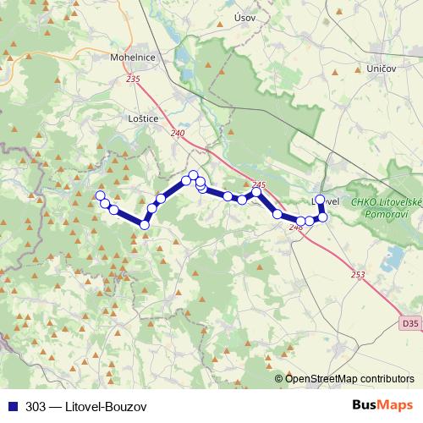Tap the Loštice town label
coord(141,119)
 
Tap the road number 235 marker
coord(132,79)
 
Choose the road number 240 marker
coord(177,134)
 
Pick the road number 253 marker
coord(358,275)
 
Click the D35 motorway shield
coord(409,323)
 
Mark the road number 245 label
coord(259,185)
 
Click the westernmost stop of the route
coord(100,196)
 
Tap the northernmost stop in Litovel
coord(320,200)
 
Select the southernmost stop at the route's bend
coord(145,224)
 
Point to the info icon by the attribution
coord(278,379)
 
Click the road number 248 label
coord(296,227)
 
